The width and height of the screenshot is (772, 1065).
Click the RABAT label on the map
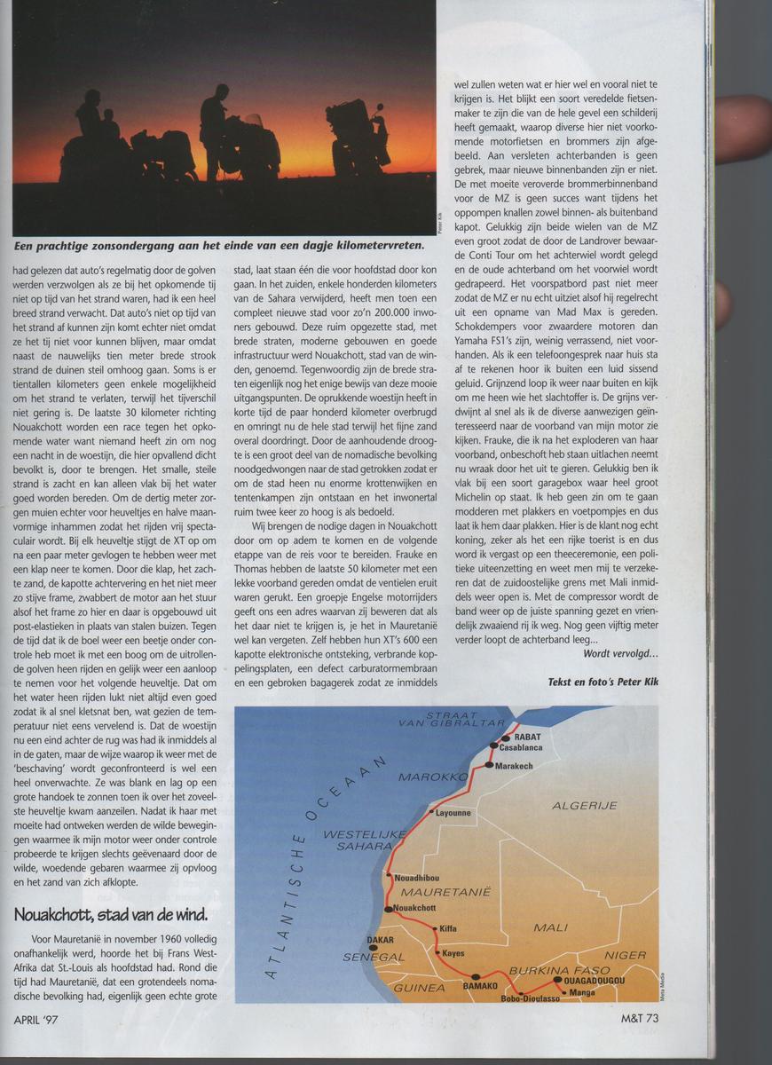(521, 737)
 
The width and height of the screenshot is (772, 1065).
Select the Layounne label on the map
(453, 812)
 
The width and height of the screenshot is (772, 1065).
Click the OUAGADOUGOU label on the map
(594, 980)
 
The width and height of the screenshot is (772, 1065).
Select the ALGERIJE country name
(585, 805)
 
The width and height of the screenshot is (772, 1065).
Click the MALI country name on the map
(550, 927)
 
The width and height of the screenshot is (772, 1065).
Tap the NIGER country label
(626, 955)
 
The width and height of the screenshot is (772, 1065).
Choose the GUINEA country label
(419, 987)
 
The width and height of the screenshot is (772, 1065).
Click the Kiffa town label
(448, 928)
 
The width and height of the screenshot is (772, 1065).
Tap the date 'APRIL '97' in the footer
(44, 1018)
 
